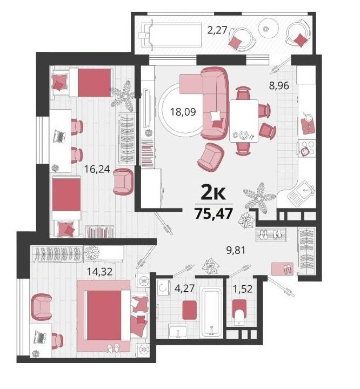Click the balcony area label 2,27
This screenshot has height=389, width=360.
(217, 30)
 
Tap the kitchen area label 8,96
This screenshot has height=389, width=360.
(279, 86)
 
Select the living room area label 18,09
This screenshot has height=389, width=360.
(183, 112)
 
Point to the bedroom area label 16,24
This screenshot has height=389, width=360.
(97, 169)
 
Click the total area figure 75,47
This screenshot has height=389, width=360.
(214, 213)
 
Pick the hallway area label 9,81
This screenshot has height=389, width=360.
(236, 251)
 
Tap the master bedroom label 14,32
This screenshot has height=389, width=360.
(99, 271)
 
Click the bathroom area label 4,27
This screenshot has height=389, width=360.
(184, 289)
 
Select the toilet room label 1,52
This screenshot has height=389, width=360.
(243, 289)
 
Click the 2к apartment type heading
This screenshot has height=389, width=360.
(214, 193)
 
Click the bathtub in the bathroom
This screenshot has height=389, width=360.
(211, 311)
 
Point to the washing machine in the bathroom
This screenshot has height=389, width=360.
(163, 287)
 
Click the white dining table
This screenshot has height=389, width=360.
(244, 121)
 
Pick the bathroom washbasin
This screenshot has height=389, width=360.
(178, 331)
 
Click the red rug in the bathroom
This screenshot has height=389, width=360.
(190, 310)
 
